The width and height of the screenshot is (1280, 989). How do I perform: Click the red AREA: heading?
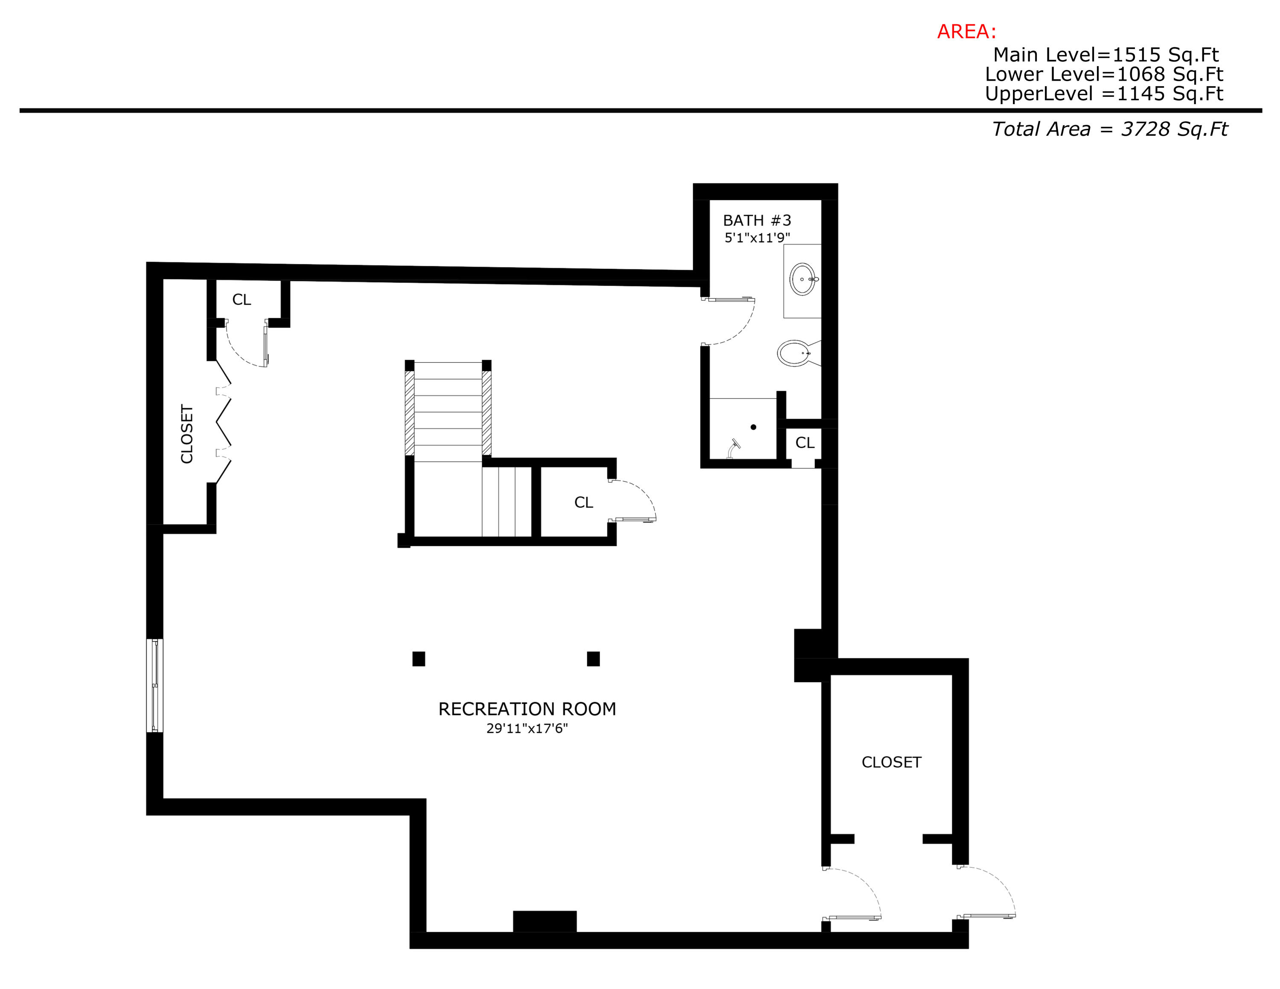point(966,32)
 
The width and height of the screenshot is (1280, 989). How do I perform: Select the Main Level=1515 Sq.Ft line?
point(1105,55)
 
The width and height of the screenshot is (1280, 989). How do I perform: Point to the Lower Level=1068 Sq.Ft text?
point(1104,74)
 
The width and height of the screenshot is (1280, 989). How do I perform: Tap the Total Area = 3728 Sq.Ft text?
point(1109,129)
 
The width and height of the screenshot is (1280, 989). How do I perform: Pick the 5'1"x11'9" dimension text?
point(756,237)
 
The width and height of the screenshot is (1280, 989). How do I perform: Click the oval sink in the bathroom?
point(802,279)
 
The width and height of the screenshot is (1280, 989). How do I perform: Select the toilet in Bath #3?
point(795,353)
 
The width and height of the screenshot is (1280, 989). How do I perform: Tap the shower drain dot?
point(753,427)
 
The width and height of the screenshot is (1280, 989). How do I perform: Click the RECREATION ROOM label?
point(527,709)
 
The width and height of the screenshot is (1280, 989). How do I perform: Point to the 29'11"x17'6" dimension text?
point(527,728)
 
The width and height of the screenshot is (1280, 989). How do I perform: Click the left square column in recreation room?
point(419,659)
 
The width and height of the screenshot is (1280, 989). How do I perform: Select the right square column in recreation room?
point(593,659)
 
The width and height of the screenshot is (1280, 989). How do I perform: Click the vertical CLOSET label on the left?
point(187,433)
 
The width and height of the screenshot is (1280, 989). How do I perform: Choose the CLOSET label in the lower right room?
point(891,762)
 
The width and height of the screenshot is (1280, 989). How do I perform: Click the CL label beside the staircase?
point(583,502)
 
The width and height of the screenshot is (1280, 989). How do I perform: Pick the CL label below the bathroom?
point(805,443)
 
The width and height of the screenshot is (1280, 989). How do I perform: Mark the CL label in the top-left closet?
point(241,300)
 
